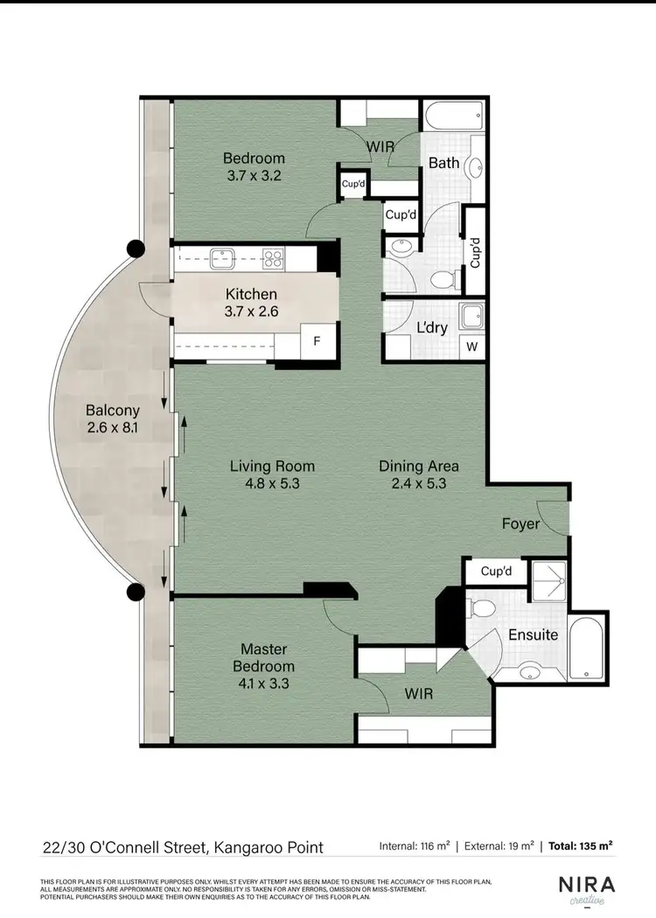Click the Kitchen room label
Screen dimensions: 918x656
coord(251,295)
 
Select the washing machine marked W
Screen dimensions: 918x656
coord(472,347)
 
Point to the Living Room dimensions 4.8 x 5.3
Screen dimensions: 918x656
coord(272,482)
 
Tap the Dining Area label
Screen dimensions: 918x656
coord(418,466)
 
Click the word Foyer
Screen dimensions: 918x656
coord(520,524)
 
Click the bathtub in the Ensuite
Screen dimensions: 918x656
coord(584,648)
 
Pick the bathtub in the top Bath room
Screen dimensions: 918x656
coord(453,114)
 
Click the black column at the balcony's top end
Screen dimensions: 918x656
coord(135,249)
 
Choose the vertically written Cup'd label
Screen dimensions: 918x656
coord(475,253)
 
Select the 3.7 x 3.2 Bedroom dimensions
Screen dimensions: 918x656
coord(254,174)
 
